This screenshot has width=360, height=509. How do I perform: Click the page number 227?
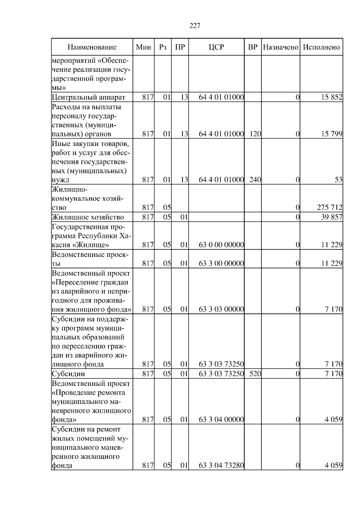[195, 26]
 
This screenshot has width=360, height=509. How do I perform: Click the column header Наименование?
[92, 47]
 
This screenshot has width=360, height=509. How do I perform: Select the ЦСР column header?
[216, 47]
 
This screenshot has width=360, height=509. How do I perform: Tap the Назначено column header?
[280, 47]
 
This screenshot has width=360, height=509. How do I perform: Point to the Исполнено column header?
[321, 47]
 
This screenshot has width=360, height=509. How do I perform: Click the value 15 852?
[332, 97]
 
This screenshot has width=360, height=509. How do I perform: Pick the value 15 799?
[332, 134]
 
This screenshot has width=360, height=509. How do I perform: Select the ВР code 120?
[255, 134]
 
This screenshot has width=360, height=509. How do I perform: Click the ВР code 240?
[255, 180]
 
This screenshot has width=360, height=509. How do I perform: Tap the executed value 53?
[338, 180]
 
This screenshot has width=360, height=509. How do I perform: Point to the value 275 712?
[329, 207]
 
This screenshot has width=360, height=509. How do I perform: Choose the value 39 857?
[332, 217]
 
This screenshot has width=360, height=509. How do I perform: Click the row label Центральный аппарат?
[88, 97]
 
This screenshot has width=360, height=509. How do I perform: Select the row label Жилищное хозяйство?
[88, 217]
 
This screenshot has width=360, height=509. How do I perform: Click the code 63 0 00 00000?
[221, 245]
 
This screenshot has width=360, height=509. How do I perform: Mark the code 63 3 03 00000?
[221, 309]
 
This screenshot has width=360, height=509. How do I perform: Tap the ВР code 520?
[255, 374]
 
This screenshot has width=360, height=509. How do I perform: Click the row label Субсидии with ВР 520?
[68, 374]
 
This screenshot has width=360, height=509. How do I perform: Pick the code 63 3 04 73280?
[221, 466]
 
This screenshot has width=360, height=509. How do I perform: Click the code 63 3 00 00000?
[221, 263]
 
